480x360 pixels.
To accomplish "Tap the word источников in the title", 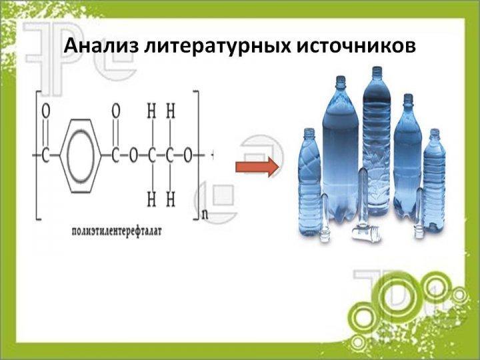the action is pyautogui.click(x=355, y=46).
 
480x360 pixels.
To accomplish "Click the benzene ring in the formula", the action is pyautogui.click(x=81, y=156).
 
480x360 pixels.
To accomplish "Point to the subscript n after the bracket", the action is pyautogui.click(x=205, y=215).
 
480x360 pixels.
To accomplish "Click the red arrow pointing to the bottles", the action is pyautogui.click(x=257, y=167).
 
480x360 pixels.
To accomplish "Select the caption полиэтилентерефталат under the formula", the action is pyautogui.click(x=116, y=231).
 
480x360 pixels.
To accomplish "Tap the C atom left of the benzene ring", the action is pyautogui.click(x=45, y=156).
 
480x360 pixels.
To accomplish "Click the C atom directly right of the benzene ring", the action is pyautogui.click(x=115, y=156).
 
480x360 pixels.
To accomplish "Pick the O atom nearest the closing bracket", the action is pyautogui.click(x=187, y=156).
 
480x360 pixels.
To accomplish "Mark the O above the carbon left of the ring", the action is pyautogui.click(x=45, y=111).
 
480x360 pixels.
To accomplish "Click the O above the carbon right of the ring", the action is pyautogui.click(x=116, y=111).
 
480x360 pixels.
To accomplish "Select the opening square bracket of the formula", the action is pyautogui.click(x=39, y=155).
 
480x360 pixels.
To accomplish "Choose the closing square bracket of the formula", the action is pyautogui.click(x=197, y=155).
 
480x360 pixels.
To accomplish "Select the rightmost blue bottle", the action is pyautogui.click(x=434, y=180).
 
